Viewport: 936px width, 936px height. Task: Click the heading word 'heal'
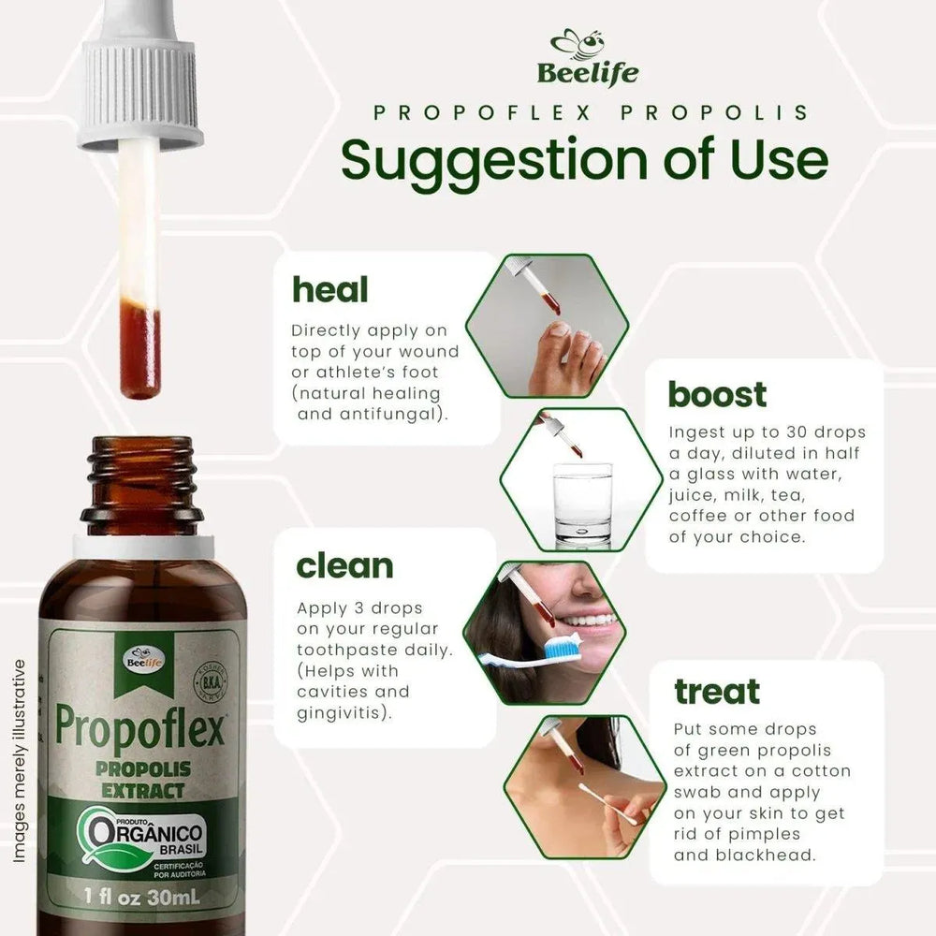click(330, 289)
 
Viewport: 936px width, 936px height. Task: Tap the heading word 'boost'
click(717, 394)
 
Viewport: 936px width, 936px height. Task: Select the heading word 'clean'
click(344, 566)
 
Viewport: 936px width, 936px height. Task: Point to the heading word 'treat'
click(717, 692)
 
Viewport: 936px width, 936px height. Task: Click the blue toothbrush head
click(562, 645)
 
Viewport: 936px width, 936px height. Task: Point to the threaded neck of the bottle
click(141, 476)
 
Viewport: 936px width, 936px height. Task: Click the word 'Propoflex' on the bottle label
click(141, 725)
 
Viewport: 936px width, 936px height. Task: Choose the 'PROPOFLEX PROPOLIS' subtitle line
click(590, 112)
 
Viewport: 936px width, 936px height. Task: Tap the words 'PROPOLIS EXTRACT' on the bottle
click(143, 779)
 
